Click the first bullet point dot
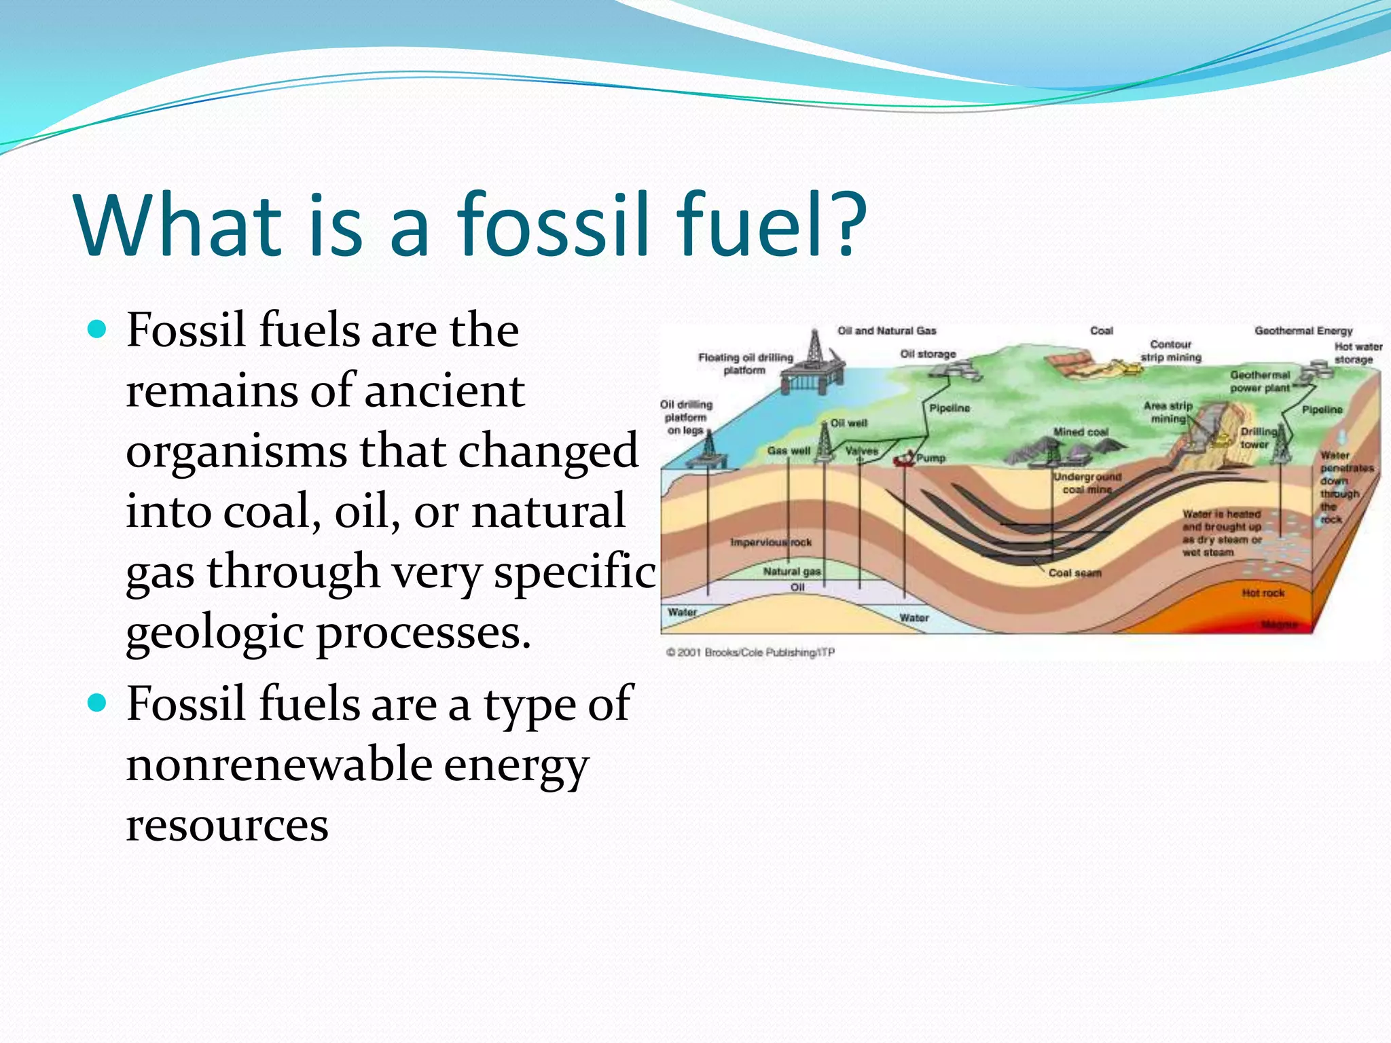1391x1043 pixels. tap(98, 330)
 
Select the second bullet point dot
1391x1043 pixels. tap(98, 703)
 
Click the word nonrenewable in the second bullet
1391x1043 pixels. tap(279, 764)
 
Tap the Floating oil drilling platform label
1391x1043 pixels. tap(745, 363)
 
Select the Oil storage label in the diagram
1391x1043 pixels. tap(928, 354)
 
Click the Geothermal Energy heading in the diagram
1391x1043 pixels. tap(1303, 331)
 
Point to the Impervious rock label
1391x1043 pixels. tap(770, 542)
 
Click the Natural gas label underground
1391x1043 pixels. tap(791, 572)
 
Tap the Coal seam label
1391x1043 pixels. tap(1074, 573)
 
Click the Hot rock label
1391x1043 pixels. tap(1263, 593)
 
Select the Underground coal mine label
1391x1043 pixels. tap(1087, 483)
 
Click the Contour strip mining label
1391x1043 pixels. tap(1170, 350)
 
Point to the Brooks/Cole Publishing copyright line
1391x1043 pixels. tap(750, 652)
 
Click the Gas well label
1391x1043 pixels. tap(788, 450)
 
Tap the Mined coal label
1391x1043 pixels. tap(1080, 432)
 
